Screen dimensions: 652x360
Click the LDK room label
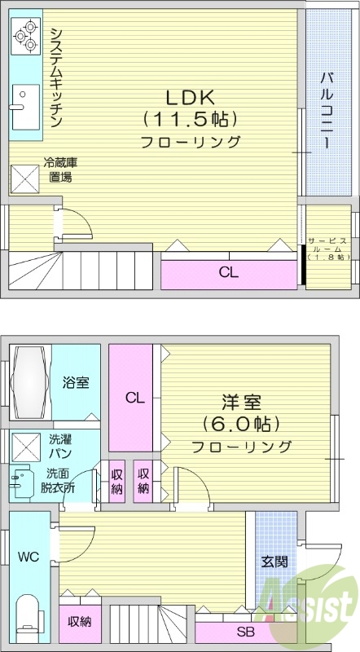click(191, 97)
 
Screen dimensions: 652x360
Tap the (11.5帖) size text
click(191, 119)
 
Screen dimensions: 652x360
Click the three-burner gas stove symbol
click(25, 35)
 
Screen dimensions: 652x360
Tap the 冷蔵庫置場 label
click(59, 170)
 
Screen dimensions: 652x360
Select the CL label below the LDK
click(228, 273)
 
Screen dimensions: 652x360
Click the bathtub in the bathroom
click(30, 382)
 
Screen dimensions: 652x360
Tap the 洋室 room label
click(241, 402)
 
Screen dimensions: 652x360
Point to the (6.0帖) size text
click(241, 424)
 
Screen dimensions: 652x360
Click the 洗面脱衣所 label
click(59, 480)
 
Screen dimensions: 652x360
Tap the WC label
click(28, 557)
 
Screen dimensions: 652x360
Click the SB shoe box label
click(244, 632)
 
